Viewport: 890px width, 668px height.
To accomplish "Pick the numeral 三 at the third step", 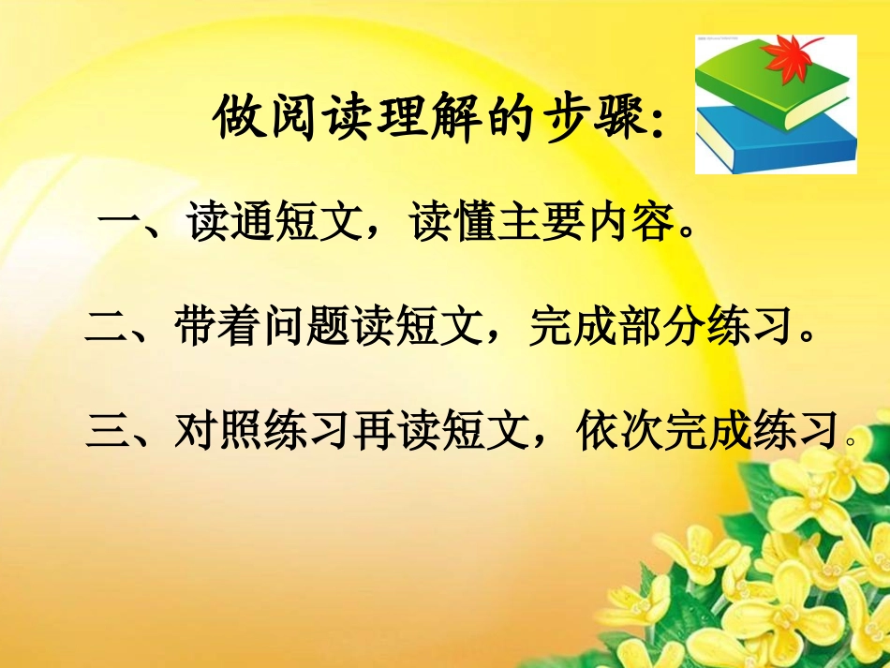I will [x=106, y=432].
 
